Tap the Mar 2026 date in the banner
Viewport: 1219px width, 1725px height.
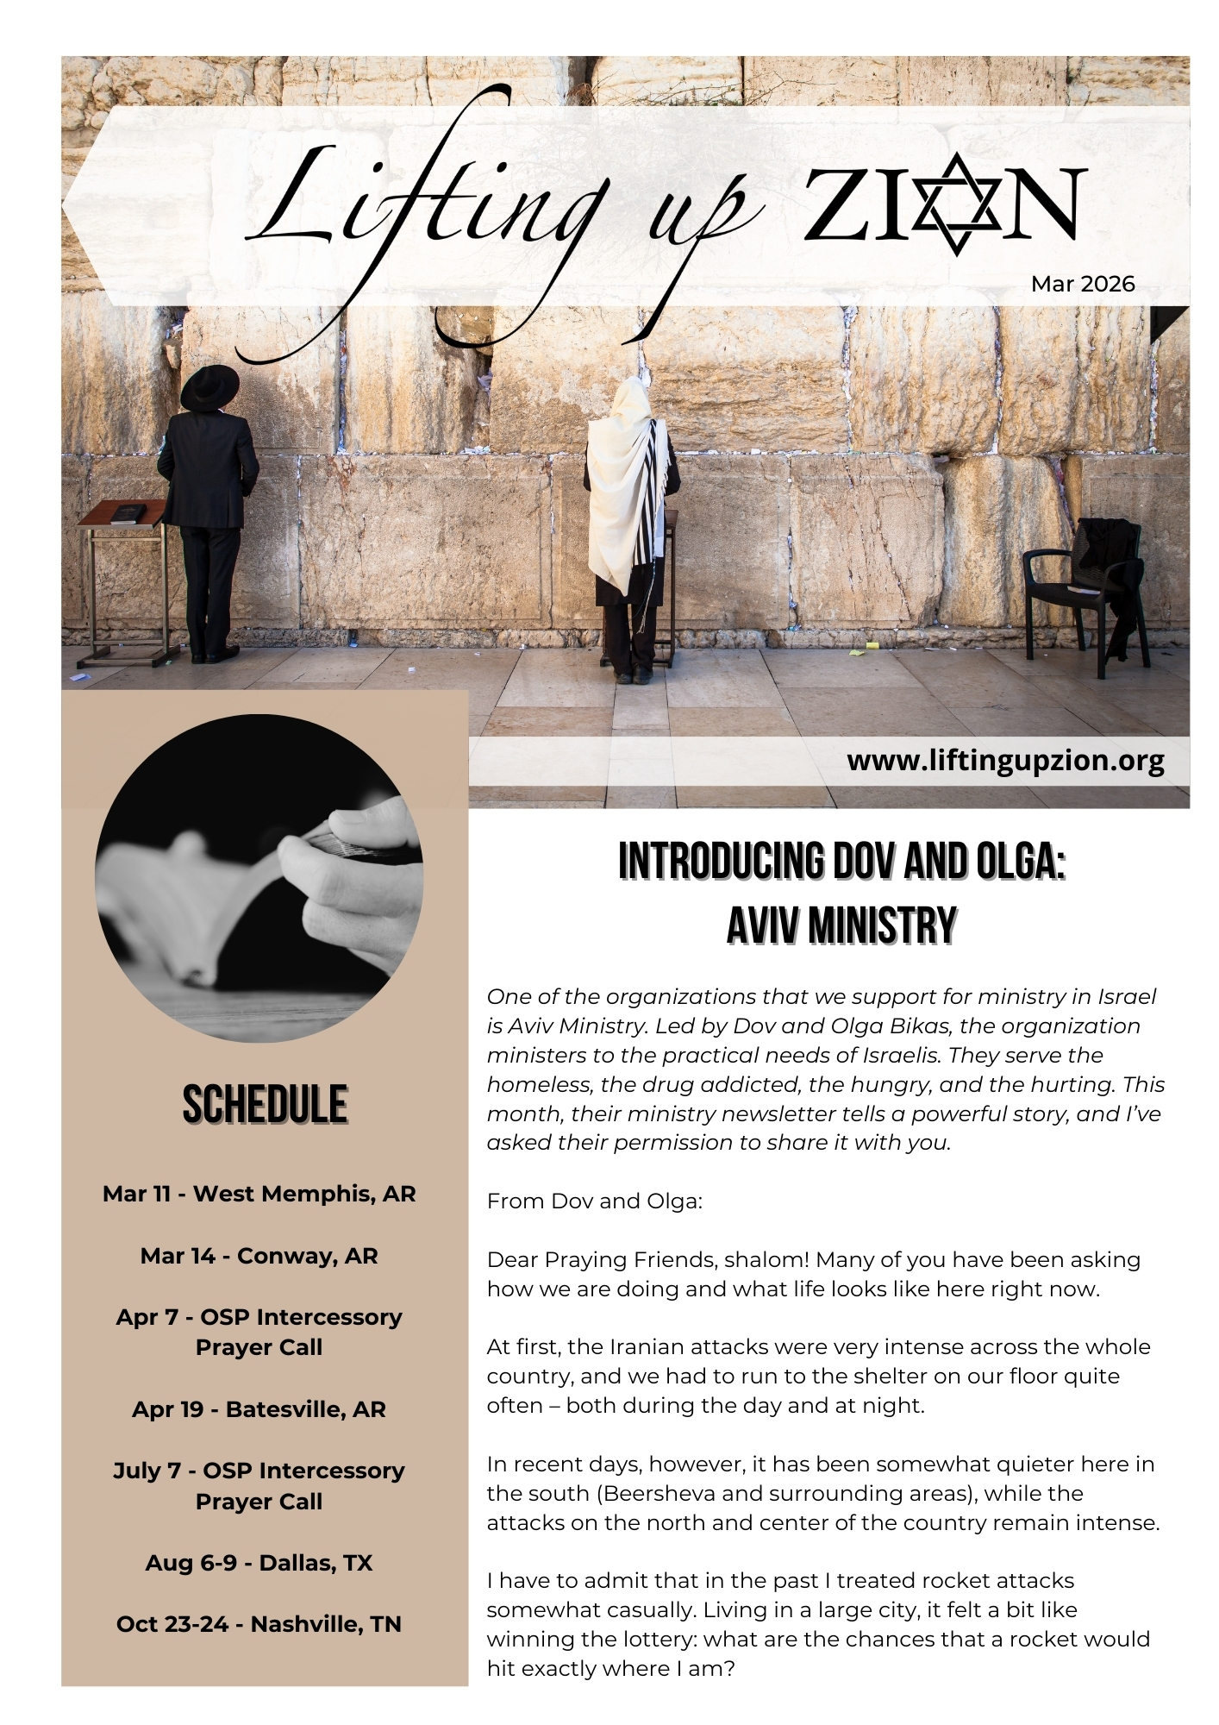1082,284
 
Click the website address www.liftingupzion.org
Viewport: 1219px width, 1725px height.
1005,761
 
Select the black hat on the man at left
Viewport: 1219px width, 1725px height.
209,387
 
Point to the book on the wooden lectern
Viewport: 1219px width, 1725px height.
127,512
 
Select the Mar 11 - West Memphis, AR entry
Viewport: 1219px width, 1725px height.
259,1194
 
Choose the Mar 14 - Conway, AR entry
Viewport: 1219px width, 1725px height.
259,1256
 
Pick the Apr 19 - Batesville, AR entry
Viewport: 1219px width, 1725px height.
259,1409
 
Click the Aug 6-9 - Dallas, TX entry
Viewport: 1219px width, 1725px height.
259,1563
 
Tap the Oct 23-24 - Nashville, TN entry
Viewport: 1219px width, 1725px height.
259,1624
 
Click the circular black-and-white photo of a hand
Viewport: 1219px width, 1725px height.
259,878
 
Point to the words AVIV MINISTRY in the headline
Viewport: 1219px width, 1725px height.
841,926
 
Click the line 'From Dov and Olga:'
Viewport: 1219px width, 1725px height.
594,1201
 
